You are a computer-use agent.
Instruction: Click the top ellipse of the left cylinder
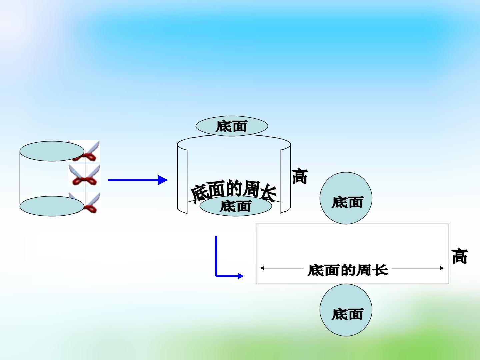[52, 151]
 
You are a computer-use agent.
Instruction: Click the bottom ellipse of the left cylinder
[52, 206]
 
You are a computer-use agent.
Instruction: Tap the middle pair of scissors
[84, 175]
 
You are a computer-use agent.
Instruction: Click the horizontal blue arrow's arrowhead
[163, 180]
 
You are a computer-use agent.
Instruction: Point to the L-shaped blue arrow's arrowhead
[241, 276]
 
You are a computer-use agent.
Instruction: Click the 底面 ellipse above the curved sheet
[232, 126]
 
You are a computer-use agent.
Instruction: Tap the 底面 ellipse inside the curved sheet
[236, 206]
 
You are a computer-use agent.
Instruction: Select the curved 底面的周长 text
[234, 191]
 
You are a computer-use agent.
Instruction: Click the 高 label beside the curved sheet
[300, 176]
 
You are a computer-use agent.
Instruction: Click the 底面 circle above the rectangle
[346, 198]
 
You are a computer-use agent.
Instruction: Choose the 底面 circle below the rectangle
[346, 310]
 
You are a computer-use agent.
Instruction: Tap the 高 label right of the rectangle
[460, 256]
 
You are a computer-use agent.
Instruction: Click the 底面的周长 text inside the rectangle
[348, 270]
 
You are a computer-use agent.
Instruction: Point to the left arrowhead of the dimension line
[262, 268]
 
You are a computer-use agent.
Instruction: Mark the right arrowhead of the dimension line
[442, 268]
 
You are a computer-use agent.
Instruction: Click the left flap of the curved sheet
[182, 179]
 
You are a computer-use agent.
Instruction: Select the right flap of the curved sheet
[286, 179]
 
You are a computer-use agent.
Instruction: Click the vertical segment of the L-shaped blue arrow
[216, 256]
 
